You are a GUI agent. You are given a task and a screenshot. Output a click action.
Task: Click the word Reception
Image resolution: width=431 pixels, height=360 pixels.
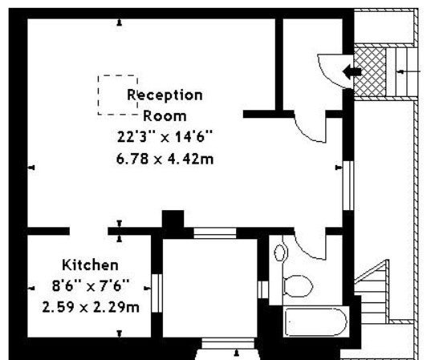[x=165, y=95]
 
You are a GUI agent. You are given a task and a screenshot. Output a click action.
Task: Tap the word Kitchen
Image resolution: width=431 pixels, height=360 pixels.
[x=91, y=265]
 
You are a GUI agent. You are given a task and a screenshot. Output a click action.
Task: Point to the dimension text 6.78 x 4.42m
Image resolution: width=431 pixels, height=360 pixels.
[x=165, y=159]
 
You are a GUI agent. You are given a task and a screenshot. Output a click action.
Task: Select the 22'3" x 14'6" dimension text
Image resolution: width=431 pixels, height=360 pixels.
[x=165, y=136]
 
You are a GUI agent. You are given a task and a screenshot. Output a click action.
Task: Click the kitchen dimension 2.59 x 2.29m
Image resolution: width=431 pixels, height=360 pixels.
[x=91, y=307]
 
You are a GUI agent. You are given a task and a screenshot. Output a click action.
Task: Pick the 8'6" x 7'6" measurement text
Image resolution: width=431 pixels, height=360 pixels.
[x=91, y=286]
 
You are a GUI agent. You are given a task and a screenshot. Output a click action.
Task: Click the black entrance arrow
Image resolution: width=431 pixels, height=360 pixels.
[x=352, y=71]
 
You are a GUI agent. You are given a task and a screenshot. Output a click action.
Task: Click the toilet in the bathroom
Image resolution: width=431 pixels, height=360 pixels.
[x=298, y=286]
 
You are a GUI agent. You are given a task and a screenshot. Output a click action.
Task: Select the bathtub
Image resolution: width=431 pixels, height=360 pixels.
[x=316, y=322]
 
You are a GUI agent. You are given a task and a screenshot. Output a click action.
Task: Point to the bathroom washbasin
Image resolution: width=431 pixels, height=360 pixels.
[x=280, y=253]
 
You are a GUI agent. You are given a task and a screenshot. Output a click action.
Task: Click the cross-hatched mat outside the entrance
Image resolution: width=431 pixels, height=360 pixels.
[x=370, y=72]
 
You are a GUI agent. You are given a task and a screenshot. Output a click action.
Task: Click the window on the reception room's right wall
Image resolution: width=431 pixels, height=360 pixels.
[x=348, y=186]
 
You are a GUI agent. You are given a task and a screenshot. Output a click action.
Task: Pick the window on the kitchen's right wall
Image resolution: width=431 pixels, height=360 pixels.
[x=157, y=293]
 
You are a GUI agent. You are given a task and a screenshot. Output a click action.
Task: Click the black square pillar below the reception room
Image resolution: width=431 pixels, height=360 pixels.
[x=173, y=220]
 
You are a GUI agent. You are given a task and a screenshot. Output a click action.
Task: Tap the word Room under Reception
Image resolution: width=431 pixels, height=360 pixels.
[x=165, y=116]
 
